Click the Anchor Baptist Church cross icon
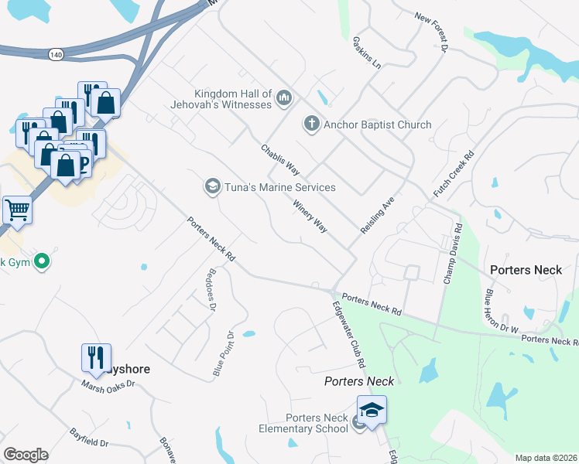(311, 124)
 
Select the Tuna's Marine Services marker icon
(211, 186)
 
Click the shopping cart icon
(17, 209)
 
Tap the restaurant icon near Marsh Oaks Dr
(97, 357)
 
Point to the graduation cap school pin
(372, 410)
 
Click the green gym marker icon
(43, 261)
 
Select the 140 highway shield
(55, 55)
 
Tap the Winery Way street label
(310, 216)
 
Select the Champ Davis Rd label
(452, 254)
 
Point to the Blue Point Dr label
(224, 354)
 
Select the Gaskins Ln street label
(366, 52)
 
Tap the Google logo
(26, 455)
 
